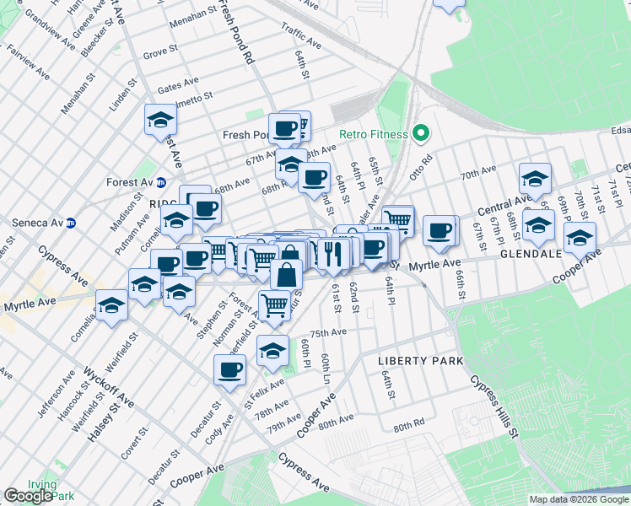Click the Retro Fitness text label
point(374,134)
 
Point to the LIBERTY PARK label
point(420,361)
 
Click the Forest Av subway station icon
point(161,181)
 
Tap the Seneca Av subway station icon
point(72,223)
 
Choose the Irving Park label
point(41,490)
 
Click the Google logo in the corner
point(28,496)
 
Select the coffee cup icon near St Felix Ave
point(229,369)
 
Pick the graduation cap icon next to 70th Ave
point(535,178)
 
